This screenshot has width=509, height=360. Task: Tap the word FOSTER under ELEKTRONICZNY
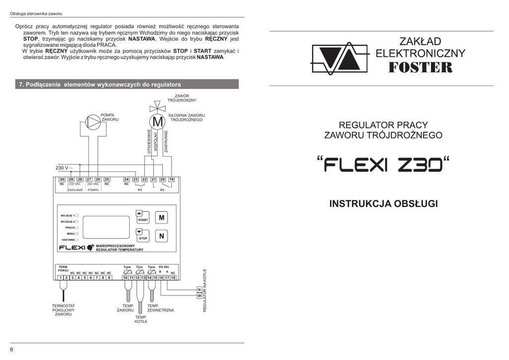420,68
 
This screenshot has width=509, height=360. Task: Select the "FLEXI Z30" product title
383,163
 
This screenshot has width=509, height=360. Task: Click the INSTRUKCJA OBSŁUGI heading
383,204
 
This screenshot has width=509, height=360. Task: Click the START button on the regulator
143,216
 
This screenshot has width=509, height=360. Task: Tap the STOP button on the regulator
143,235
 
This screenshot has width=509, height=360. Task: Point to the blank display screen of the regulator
106,227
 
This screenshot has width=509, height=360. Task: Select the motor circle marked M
157,121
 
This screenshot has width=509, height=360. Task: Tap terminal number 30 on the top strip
62,179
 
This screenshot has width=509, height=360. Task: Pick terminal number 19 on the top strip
171,179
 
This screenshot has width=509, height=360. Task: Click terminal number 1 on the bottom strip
60,277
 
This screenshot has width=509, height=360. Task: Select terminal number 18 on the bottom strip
173,277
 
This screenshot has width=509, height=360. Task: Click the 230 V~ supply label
64,168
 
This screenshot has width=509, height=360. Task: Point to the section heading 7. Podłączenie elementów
99,85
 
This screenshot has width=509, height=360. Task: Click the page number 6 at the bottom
11,350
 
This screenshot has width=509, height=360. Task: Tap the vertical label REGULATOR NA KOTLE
205,290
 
